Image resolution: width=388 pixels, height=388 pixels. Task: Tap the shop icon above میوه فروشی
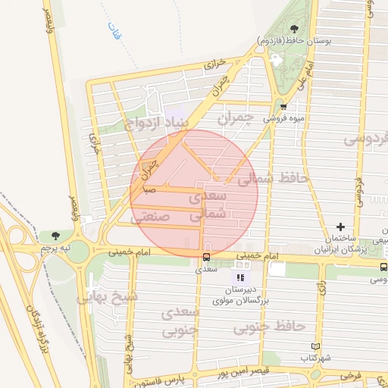coord(283,107)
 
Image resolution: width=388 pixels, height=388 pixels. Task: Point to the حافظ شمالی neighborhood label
coord(273,179)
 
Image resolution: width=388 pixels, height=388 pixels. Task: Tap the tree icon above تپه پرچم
coord(55,236)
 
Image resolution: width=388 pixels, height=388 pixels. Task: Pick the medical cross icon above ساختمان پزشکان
coord(340,227)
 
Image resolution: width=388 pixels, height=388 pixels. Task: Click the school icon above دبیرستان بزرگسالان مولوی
coord(241,277)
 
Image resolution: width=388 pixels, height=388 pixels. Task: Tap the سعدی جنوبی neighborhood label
coord(180,321)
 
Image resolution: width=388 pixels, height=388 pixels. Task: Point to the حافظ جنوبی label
coord(269,327)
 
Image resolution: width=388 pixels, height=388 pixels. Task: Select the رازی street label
coord(321,287)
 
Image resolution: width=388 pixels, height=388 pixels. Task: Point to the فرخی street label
coord(350,374)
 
